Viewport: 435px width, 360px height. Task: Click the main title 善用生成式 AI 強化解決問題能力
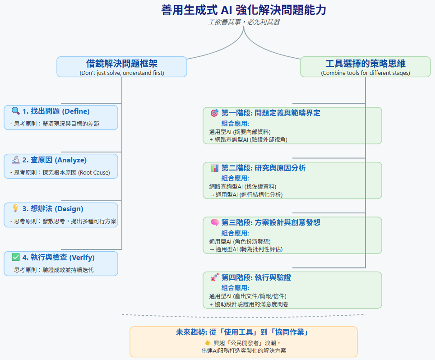244,10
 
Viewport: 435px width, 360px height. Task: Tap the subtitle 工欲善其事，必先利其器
244,22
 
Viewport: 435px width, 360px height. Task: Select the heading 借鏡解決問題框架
122,64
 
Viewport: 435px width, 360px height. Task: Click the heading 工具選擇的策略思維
366,64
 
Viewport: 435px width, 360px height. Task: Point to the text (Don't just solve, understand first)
122,73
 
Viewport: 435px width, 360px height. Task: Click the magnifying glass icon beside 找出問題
15,111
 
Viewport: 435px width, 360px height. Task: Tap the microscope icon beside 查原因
15,160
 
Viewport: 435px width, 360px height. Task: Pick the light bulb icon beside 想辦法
15,208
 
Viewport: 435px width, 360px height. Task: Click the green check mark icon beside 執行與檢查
15,257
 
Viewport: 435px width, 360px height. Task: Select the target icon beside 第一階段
214,113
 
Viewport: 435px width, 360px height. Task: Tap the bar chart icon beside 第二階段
214,168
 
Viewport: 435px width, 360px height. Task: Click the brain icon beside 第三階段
214,222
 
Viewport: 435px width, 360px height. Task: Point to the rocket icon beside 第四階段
214,277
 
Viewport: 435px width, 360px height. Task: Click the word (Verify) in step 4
82,257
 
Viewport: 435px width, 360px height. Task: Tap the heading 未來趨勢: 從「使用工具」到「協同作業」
244,332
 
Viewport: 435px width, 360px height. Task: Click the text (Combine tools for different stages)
366,73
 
